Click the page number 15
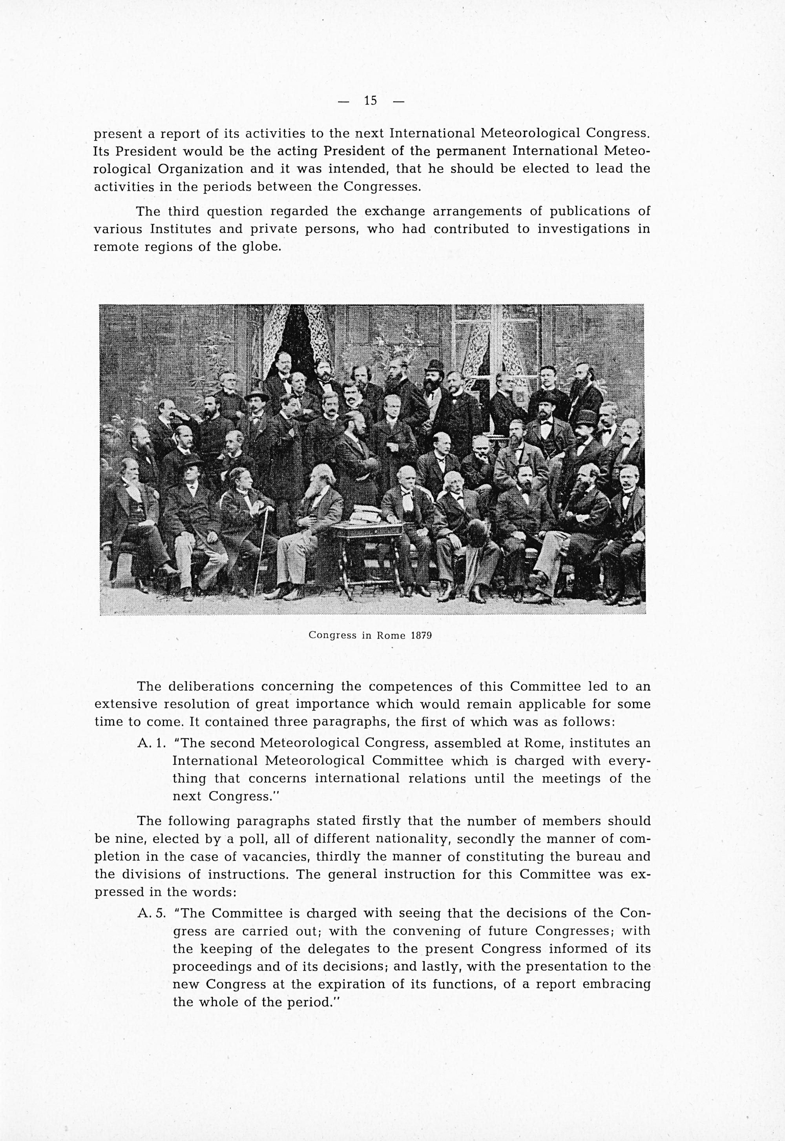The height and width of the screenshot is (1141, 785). click(x=371, y=101)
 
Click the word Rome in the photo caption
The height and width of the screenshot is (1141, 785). click(x=391, y=635)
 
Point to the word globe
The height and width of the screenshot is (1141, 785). click(x=263, y=247)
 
